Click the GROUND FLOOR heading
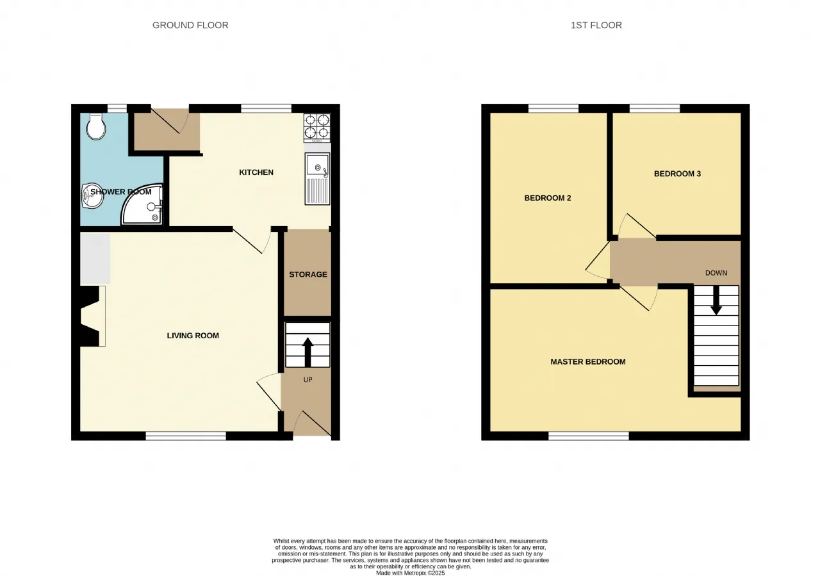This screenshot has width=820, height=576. coord(190,25)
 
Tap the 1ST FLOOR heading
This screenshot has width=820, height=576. coord(596,25)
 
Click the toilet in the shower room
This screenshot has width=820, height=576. coord(96,126)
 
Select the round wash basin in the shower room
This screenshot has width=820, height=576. coord(92,196)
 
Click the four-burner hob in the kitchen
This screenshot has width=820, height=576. coord(317,128)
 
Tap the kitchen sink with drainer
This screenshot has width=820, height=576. coord(317,178)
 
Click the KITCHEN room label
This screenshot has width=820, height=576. coord(256,172)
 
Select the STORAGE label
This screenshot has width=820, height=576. coord(308,275)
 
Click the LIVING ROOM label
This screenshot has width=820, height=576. coord(193,336)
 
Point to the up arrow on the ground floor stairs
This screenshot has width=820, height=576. coord(308,352)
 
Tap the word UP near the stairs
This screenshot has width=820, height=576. coord(308,380)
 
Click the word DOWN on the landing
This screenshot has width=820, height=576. coord(716,273)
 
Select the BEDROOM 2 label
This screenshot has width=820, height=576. coord(548,198)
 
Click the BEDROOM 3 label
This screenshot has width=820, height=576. coord(677,174)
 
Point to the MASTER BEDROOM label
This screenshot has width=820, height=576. coord(588,362)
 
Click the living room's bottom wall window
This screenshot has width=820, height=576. coord(186,436)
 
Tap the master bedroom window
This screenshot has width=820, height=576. coord(589,436)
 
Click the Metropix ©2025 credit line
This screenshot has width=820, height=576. coord(411,573)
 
